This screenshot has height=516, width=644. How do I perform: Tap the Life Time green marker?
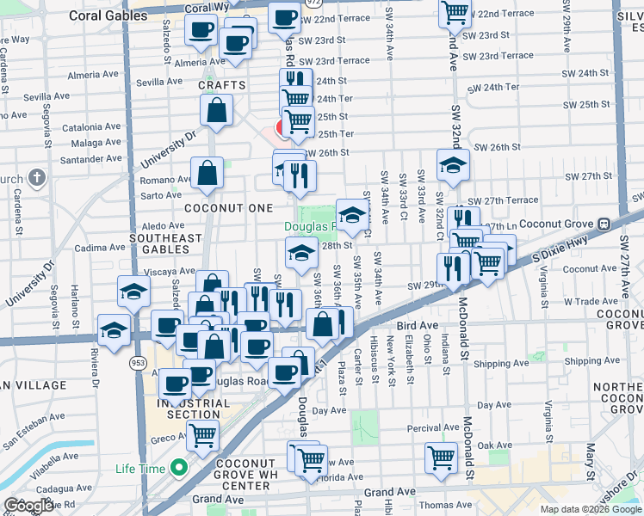click(x=179, y=469)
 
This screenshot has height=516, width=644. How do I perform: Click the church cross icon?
click(x=35, y=178)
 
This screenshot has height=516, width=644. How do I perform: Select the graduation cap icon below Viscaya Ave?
click(x=133, y=292)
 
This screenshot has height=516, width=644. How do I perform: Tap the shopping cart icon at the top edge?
click(x=455, y=13)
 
